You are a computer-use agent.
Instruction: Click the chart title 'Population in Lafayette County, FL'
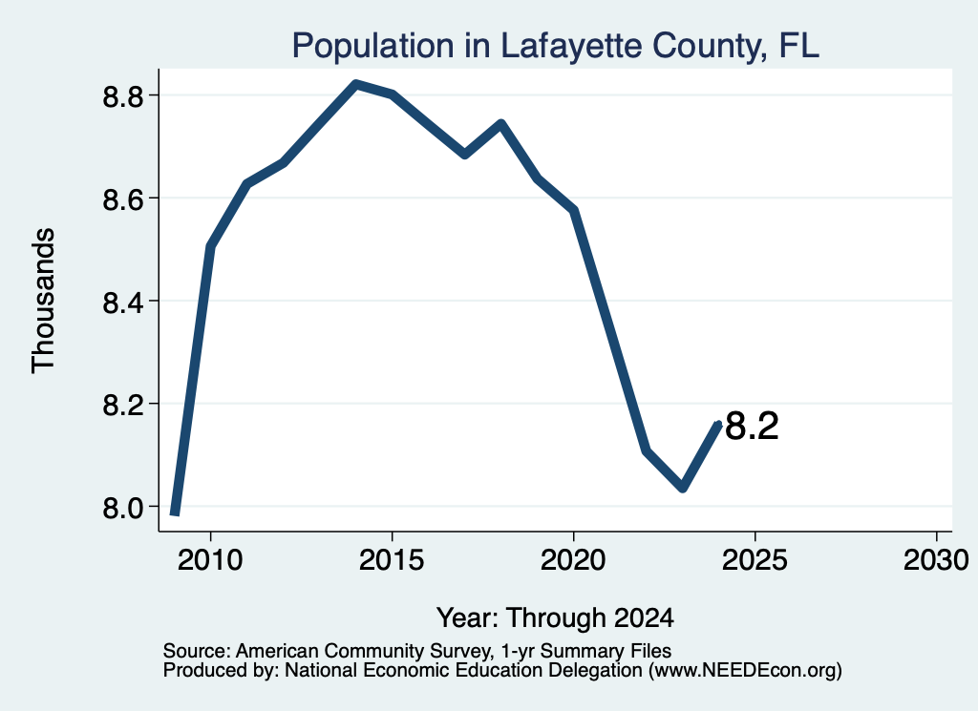point(555,46)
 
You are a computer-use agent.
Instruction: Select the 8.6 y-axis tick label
point(122,199)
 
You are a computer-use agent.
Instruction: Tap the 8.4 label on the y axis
point(122,303)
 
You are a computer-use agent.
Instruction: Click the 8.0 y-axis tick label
point(122,508)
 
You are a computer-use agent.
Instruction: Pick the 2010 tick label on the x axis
point(210,559)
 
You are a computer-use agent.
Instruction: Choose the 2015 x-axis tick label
point(392,559)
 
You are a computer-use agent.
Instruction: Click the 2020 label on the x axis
point(573,559)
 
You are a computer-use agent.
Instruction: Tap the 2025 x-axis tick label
point(755,559)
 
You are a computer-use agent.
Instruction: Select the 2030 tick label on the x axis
point(936,559)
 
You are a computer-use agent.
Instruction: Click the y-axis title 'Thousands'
point(44,301)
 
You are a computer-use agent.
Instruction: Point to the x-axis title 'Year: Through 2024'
point(555,617)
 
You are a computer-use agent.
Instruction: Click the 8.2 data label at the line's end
point(753,427)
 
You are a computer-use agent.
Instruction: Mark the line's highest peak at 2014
point(355,83)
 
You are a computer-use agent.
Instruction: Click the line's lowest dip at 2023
point(683,488)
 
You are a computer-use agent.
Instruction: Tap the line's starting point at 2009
point(176,512)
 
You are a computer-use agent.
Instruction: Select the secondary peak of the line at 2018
point(500,123)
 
